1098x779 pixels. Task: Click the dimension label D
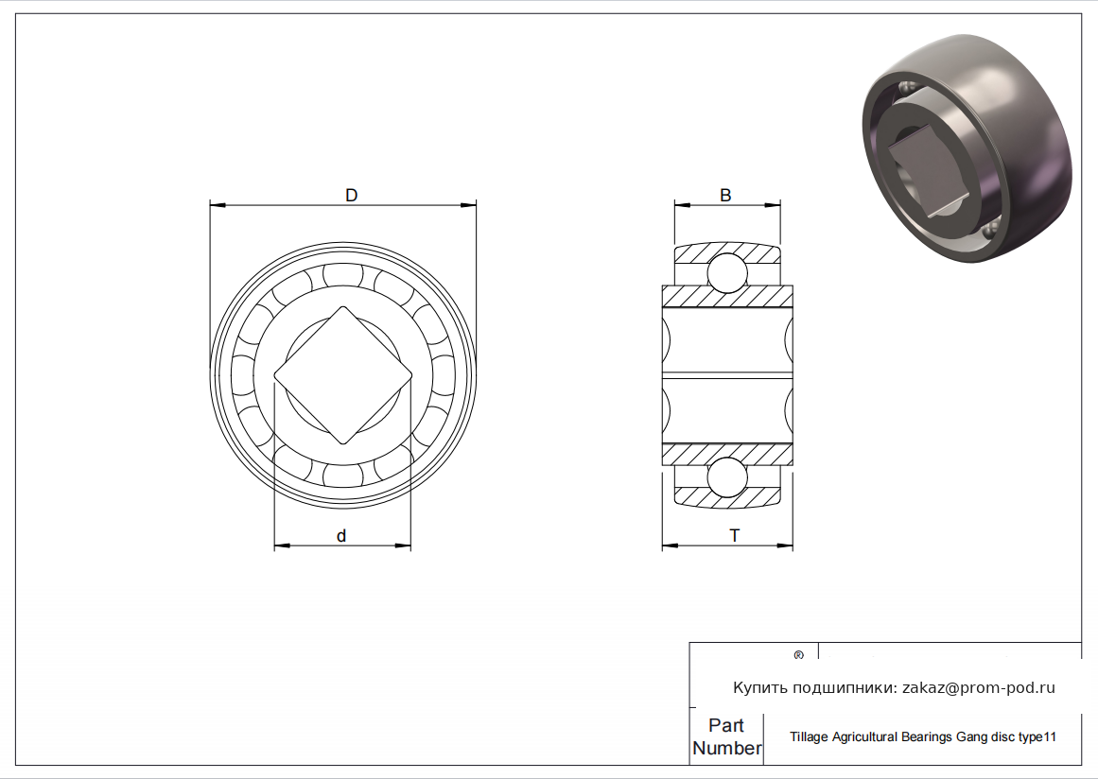[x=352, y=196]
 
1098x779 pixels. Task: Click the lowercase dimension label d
[x=341, y=535]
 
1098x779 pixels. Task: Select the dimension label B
[x=725, y=196]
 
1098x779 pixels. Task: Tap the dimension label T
[x=735, y=535]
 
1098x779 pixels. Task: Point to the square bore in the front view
[x=343, y=375]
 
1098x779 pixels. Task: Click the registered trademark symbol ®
[x=798, y=656]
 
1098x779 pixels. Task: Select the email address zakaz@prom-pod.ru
[x=978, y=688]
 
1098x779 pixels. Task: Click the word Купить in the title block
[x=758, y=688]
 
